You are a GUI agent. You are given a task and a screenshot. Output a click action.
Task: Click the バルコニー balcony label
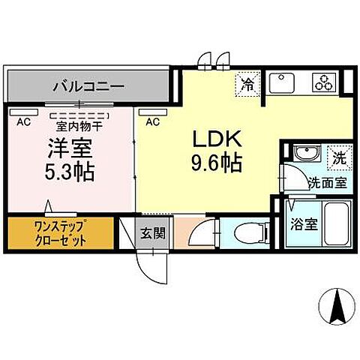(x=88, y=85)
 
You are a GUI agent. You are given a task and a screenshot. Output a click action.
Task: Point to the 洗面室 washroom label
(x=328, y=182)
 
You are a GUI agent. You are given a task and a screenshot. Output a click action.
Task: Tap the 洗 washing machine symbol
(x=340, y=157)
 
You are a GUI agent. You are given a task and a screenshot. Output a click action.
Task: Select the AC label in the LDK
(x=152, y=120)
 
